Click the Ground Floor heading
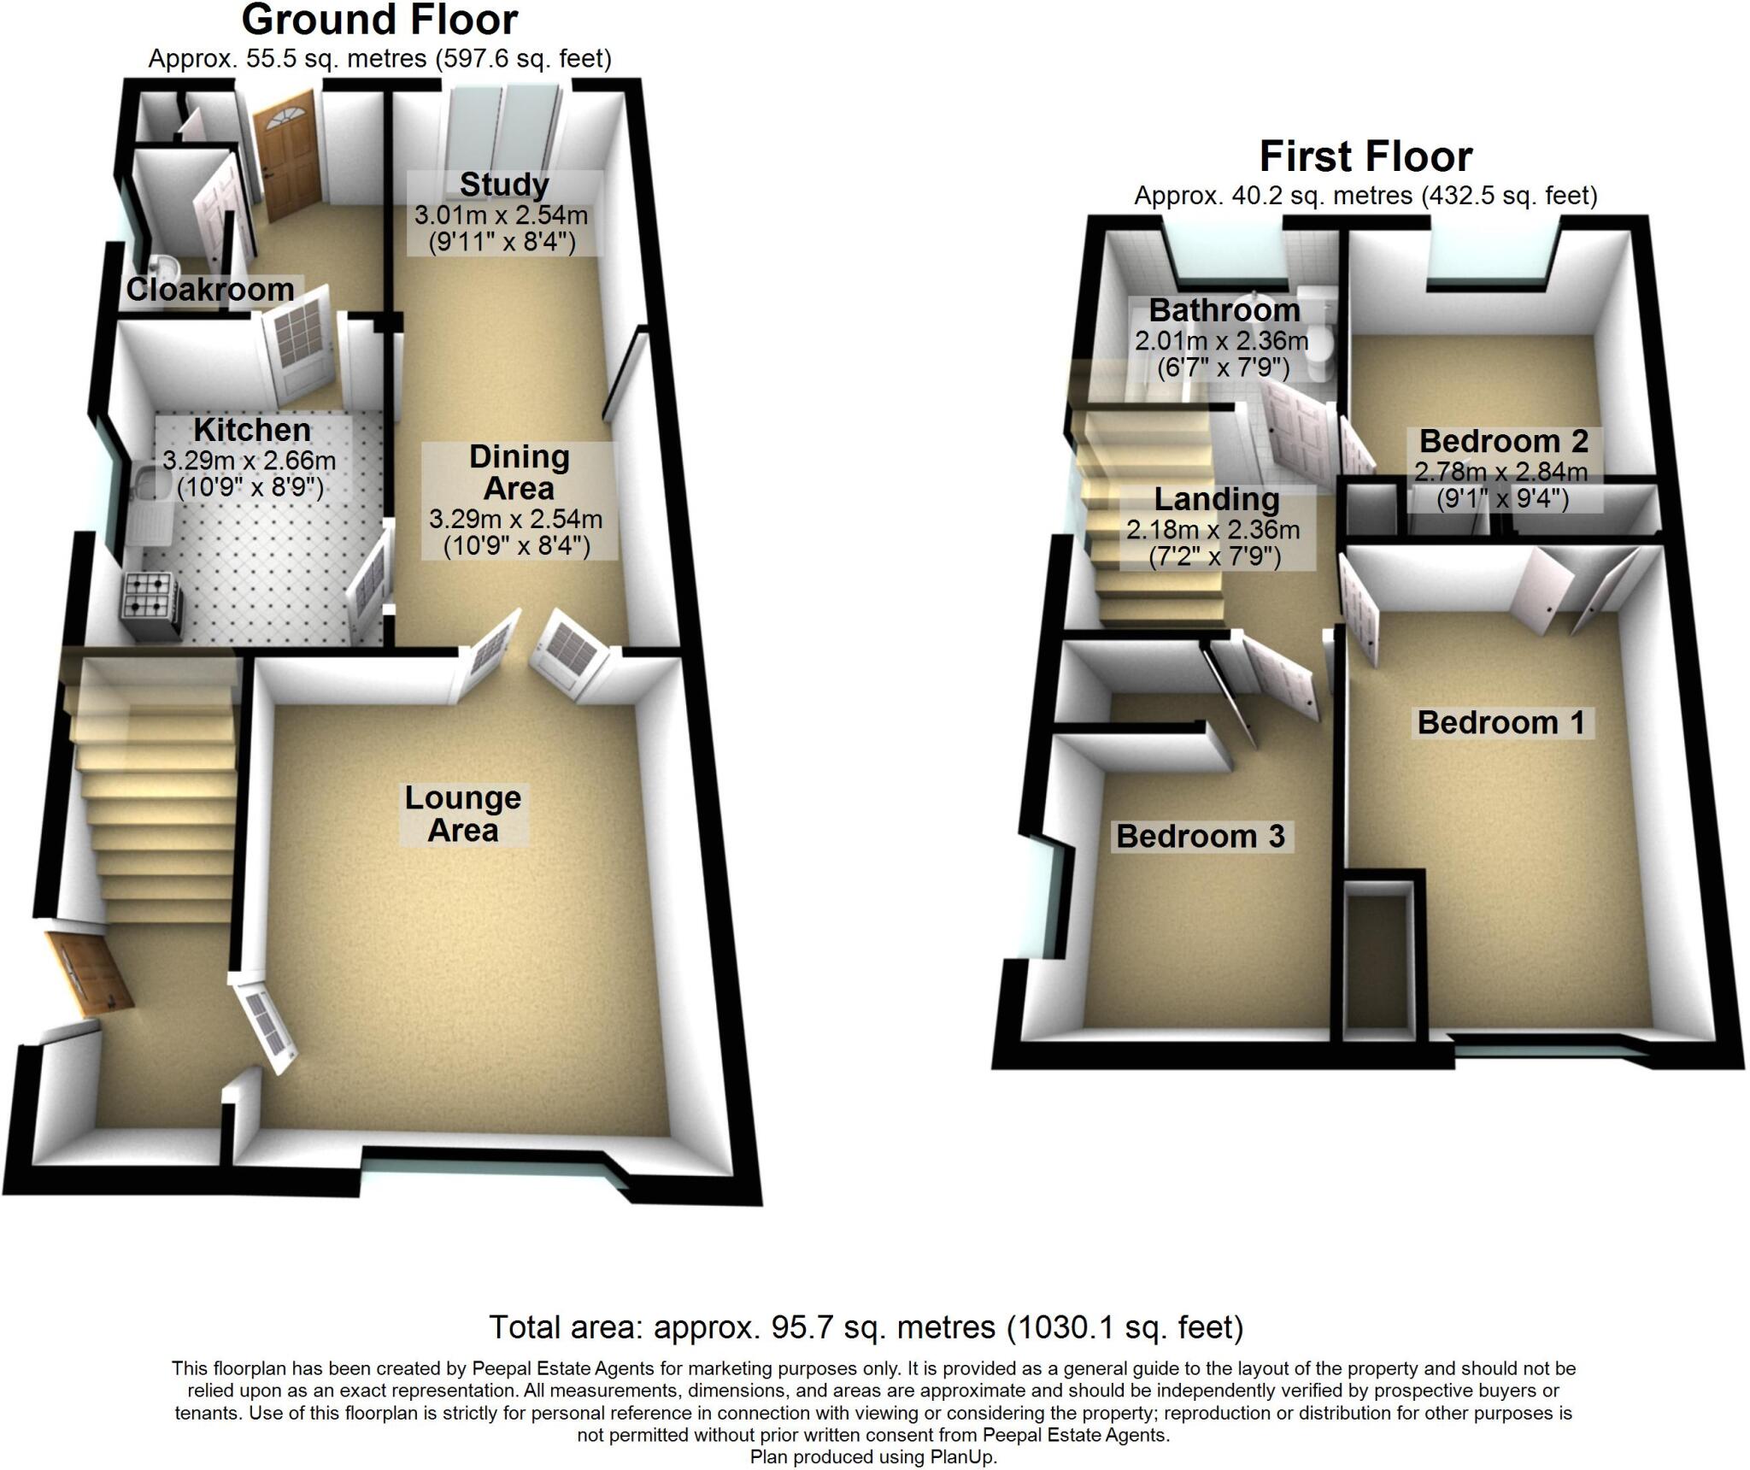tap(379, 21)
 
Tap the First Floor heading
tap(1365, 157)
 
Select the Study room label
tap(504, 185)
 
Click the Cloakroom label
tap(210, 290)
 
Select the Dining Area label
tap(519, 473)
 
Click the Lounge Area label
tap(462, 814)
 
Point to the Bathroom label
tap(1224, 309)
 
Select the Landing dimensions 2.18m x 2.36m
tap(1213, 531)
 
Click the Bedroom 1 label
tap(1500, 723)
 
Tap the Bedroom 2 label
tap(1503, 442)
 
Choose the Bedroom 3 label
tap(1200, 836)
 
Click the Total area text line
tap(866, 1327)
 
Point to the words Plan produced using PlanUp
tap(872, 1458)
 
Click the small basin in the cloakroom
tap(162, 264)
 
